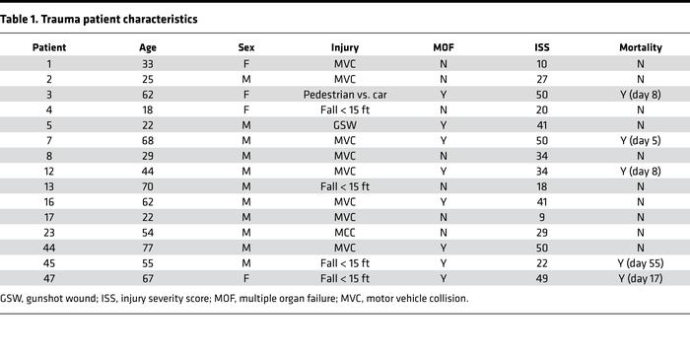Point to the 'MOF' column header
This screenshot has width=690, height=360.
[445, 47]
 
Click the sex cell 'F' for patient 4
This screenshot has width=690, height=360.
[246, 109]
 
